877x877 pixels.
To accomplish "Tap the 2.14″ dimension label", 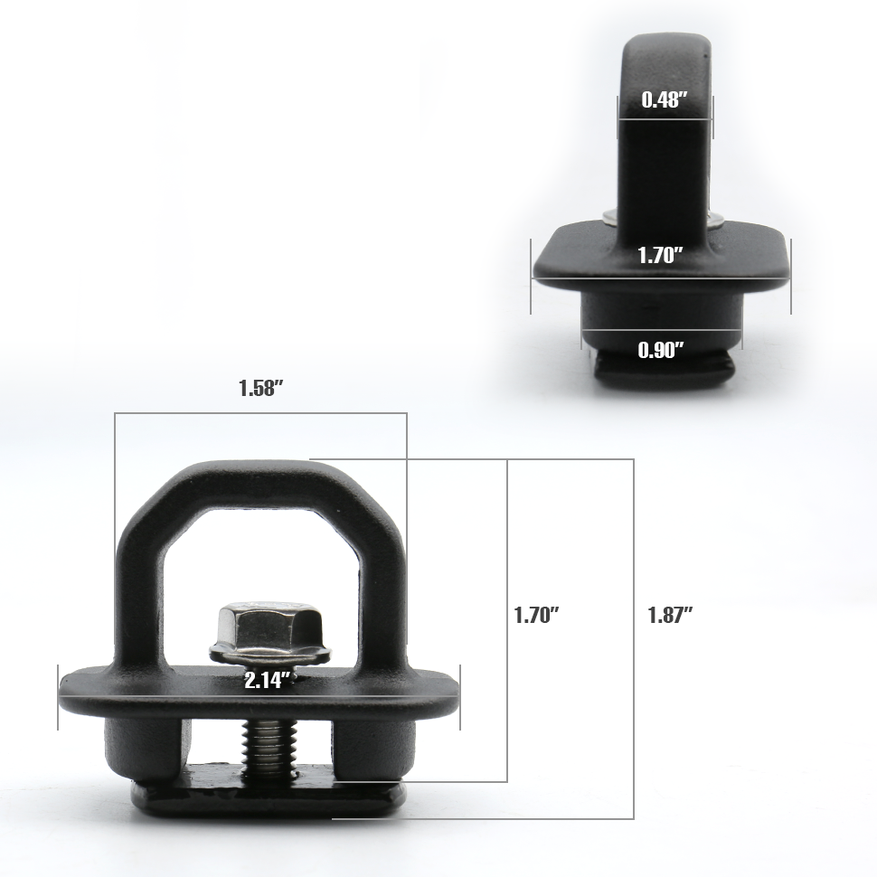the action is click(268, 681).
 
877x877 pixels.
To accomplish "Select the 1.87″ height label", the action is click(671, 615).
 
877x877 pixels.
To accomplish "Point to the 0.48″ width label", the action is click(664, 99).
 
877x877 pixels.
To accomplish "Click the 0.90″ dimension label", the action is click(661, 350).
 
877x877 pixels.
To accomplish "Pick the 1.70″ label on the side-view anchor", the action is click(661, 256).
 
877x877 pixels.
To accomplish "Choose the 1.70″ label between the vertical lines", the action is click(537, 615).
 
